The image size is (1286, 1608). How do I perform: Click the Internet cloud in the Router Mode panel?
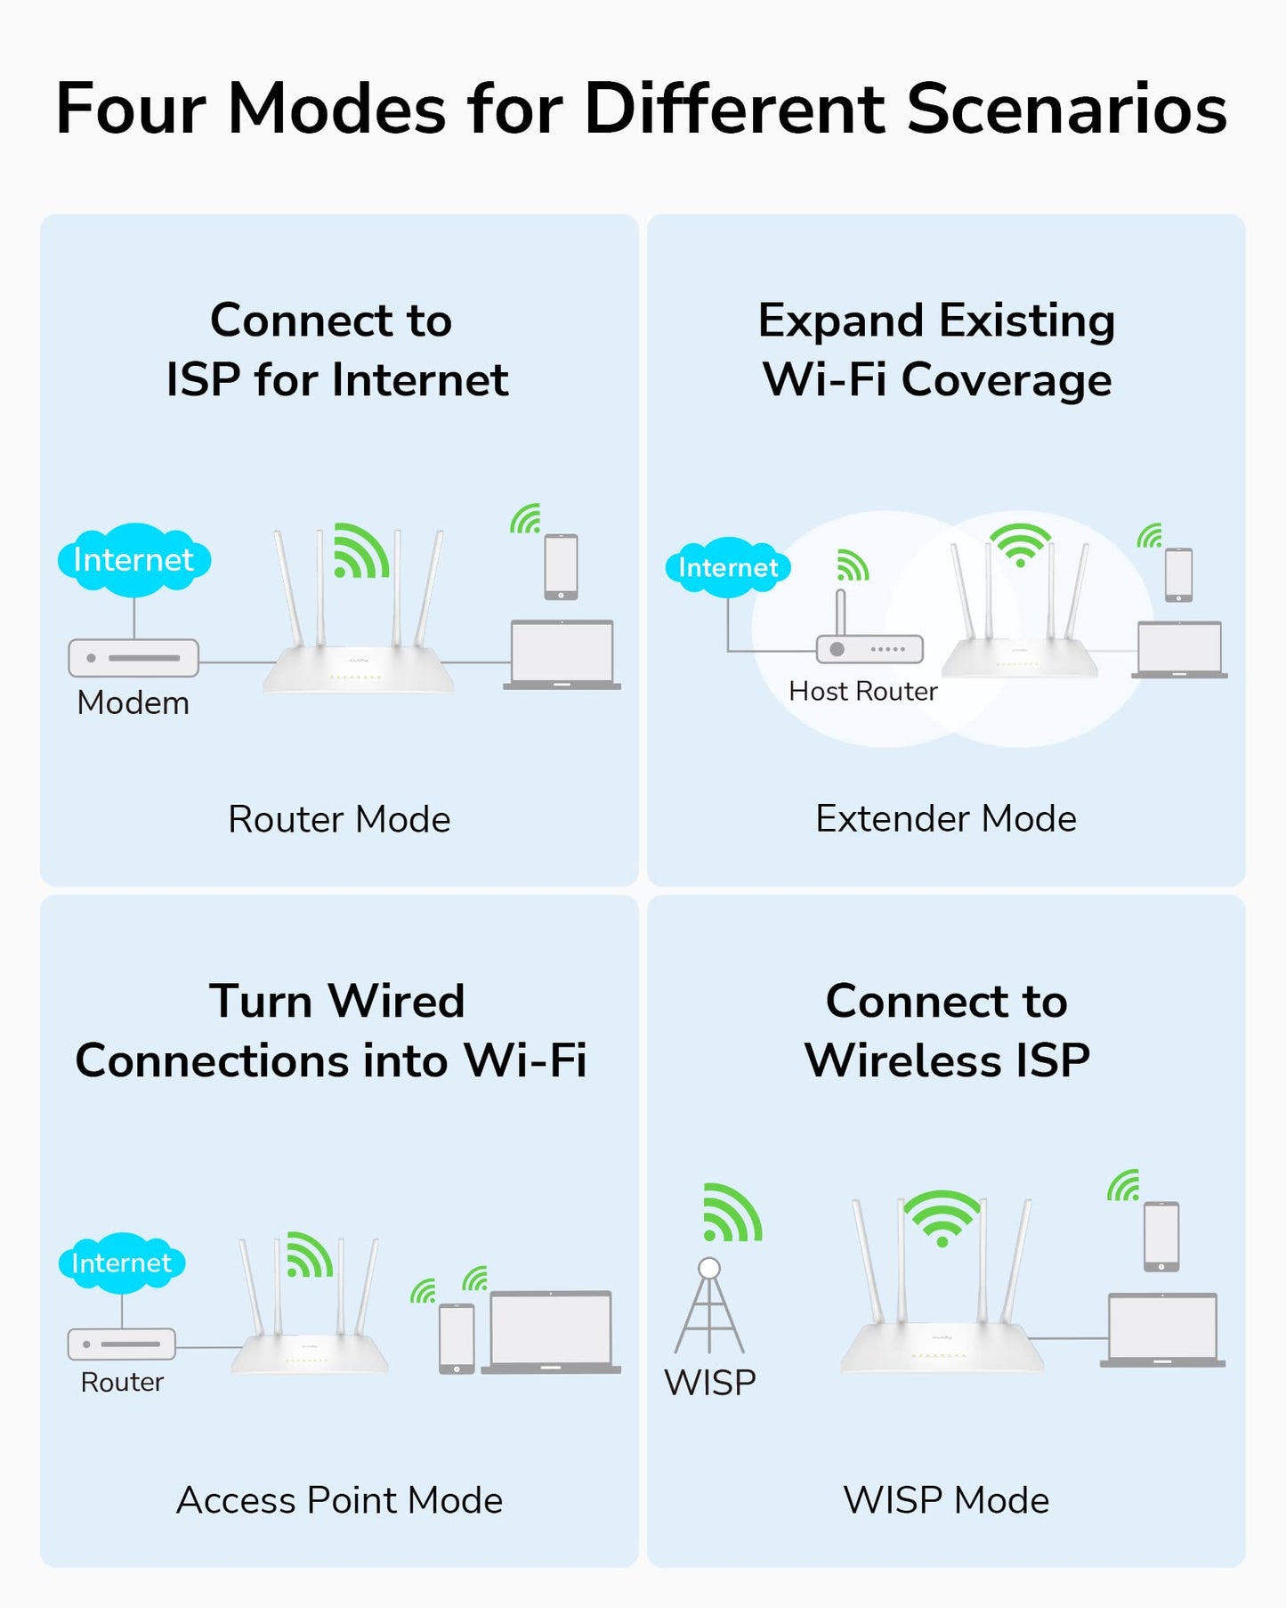[x=133, y=559]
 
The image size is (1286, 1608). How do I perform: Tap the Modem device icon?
[x=133, y=658]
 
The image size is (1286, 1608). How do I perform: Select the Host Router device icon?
[x=869, y=648]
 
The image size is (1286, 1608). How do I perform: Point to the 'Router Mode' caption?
[x=339, y=819]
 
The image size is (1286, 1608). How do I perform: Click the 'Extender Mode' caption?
[x=946, y=818]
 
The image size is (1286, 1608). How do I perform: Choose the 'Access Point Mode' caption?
[x=339, y=1500]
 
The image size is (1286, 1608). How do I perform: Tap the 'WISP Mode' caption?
[x=946, y=1500]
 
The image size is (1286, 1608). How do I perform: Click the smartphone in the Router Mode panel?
[x=561, y=566]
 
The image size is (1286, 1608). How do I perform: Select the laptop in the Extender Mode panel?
[x=1179, y=650]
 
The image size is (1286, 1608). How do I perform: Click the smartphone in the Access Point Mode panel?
[x=457, y=1338]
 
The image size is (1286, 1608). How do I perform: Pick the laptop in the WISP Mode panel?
[x=1162, y=1329]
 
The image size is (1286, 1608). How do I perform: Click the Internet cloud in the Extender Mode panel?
[x=727, y=566]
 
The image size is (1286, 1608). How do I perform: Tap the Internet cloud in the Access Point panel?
[x=122, y=1263]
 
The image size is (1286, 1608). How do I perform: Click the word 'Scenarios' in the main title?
[x=1066, y=109]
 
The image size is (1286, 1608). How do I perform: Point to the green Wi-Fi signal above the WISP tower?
[x=732, y=1213]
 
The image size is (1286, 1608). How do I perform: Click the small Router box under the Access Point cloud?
[x=122, y=1344]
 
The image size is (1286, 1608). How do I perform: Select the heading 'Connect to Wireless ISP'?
[x=946, y=1030]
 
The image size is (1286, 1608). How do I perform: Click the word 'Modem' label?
[x=133, y=702]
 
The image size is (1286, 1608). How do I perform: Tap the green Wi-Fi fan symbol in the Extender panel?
[x=1020, y=544]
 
